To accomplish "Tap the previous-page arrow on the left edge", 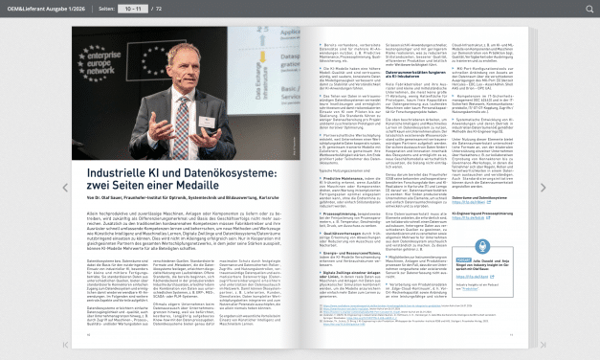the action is tap(65, 188).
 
